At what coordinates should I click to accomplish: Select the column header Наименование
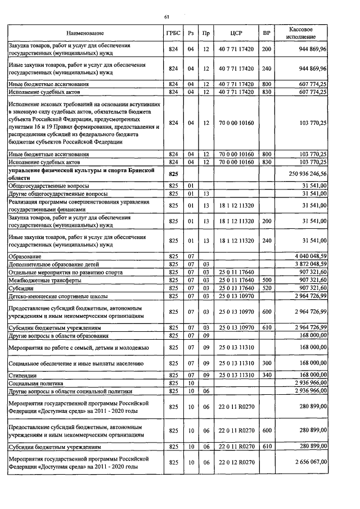[84, 34]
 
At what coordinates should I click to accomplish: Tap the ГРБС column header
[173, 34]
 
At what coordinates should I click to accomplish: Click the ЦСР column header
[236, 34]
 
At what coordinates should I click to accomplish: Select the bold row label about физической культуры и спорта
[85, 174]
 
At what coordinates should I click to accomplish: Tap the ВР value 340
[267, 375]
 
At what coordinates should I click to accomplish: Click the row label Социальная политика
[35, 382]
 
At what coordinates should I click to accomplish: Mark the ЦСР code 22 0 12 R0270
[236, 462]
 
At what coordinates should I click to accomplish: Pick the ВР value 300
[267, 363]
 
